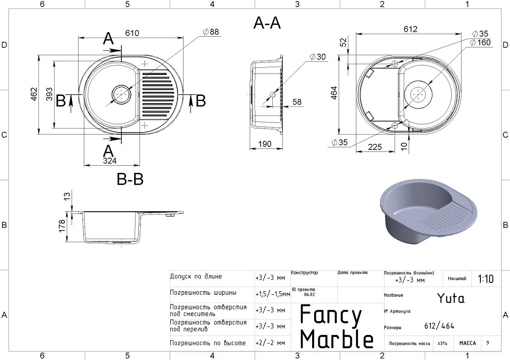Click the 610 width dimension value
coord(132,33)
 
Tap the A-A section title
coord(267,23)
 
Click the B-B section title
coord(130,179)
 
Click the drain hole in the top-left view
coord(121,94)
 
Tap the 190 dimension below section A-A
coord(264,144)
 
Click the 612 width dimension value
coord(410,29)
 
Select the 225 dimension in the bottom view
coord(375,147)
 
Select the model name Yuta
coord(451,298)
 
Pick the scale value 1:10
coord(486,279)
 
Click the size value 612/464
coord(439,326)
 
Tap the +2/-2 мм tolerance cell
coord(271,343)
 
